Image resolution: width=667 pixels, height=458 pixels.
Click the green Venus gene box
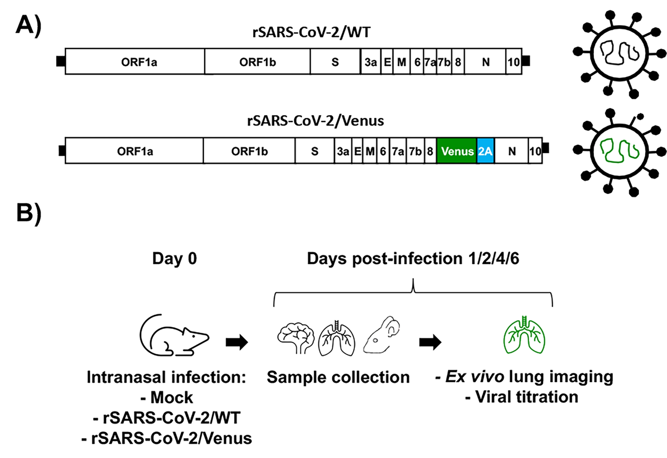point(457,151)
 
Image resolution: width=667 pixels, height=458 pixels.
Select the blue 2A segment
point(485,151)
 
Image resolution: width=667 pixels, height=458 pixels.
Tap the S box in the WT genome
point(335,62)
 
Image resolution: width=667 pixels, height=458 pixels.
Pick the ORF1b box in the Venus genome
point(249,151)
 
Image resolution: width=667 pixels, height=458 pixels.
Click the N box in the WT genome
point(485,62)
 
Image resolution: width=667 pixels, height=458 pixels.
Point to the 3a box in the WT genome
point(371,62)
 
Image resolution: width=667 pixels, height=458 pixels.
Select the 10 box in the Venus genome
point(535,151)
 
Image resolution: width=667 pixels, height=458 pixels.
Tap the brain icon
point(296,337)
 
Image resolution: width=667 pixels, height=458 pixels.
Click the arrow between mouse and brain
point(237,342)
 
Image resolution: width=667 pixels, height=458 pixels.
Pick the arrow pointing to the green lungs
point(430,342)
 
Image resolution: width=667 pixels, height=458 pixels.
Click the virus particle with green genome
point(619,151)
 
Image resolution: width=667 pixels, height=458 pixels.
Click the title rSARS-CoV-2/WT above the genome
point(312,32)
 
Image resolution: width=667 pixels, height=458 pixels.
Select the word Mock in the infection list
point(172,398)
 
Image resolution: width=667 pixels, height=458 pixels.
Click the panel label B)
point(29,213)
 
